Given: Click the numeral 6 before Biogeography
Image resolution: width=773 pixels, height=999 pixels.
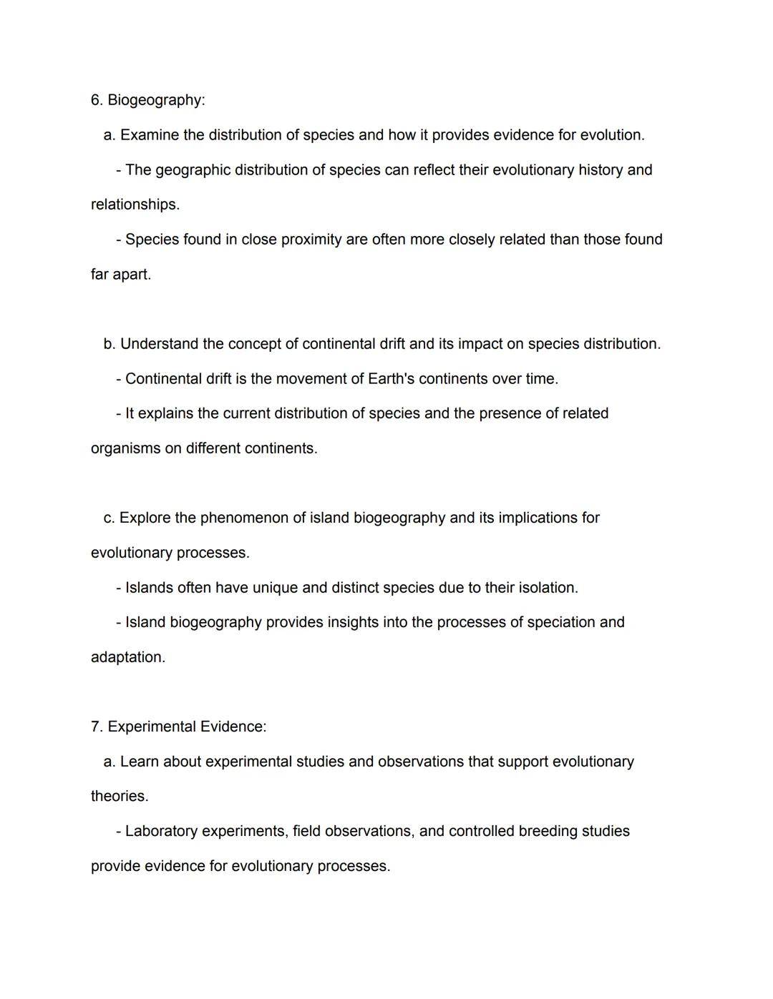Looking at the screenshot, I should coord(96,100).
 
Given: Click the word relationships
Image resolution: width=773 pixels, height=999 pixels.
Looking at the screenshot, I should coord(135,205).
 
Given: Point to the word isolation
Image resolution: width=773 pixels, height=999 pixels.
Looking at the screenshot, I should coord(548,588).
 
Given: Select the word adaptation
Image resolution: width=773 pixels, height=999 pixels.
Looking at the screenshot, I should coord(127,657).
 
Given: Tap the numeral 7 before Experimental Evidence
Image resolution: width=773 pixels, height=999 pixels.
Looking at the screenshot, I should coord(96,727).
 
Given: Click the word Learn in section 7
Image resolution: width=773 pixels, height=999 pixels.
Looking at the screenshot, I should coord(140,762).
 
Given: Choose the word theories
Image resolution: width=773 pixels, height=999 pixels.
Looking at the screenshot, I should coord(119,797).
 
